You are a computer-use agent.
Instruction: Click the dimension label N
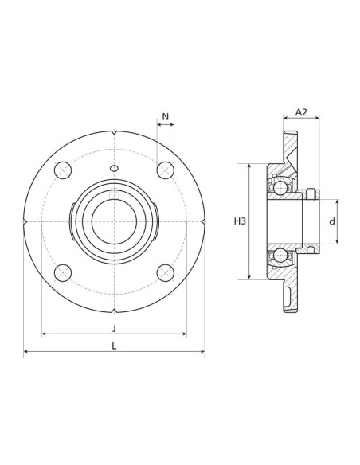point(166,117)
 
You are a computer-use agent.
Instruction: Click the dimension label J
point(114,327)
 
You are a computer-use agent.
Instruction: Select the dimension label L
point(114,346)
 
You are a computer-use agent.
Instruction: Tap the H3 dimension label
point(240,221)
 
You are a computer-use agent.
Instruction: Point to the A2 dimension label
point(301,112)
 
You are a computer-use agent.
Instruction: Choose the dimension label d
point(332,221)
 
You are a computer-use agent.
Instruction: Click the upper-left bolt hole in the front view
point(63,170)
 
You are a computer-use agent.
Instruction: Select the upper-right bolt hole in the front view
point(165,170)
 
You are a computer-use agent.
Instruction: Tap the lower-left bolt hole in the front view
point(63,272)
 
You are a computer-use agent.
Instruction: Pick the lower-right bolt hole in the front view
point(165,272)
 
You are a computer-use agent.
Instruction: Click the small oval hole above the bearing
point(114,168)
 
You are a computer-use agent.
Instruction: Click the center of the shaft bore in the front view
point(114,221)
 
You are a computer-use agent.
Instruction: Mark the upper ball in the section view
point(280,188)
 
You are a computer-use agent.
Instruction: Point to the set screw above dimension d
point(311,193)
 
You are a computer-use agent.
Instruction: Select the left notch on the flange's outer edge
point(25,221)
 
